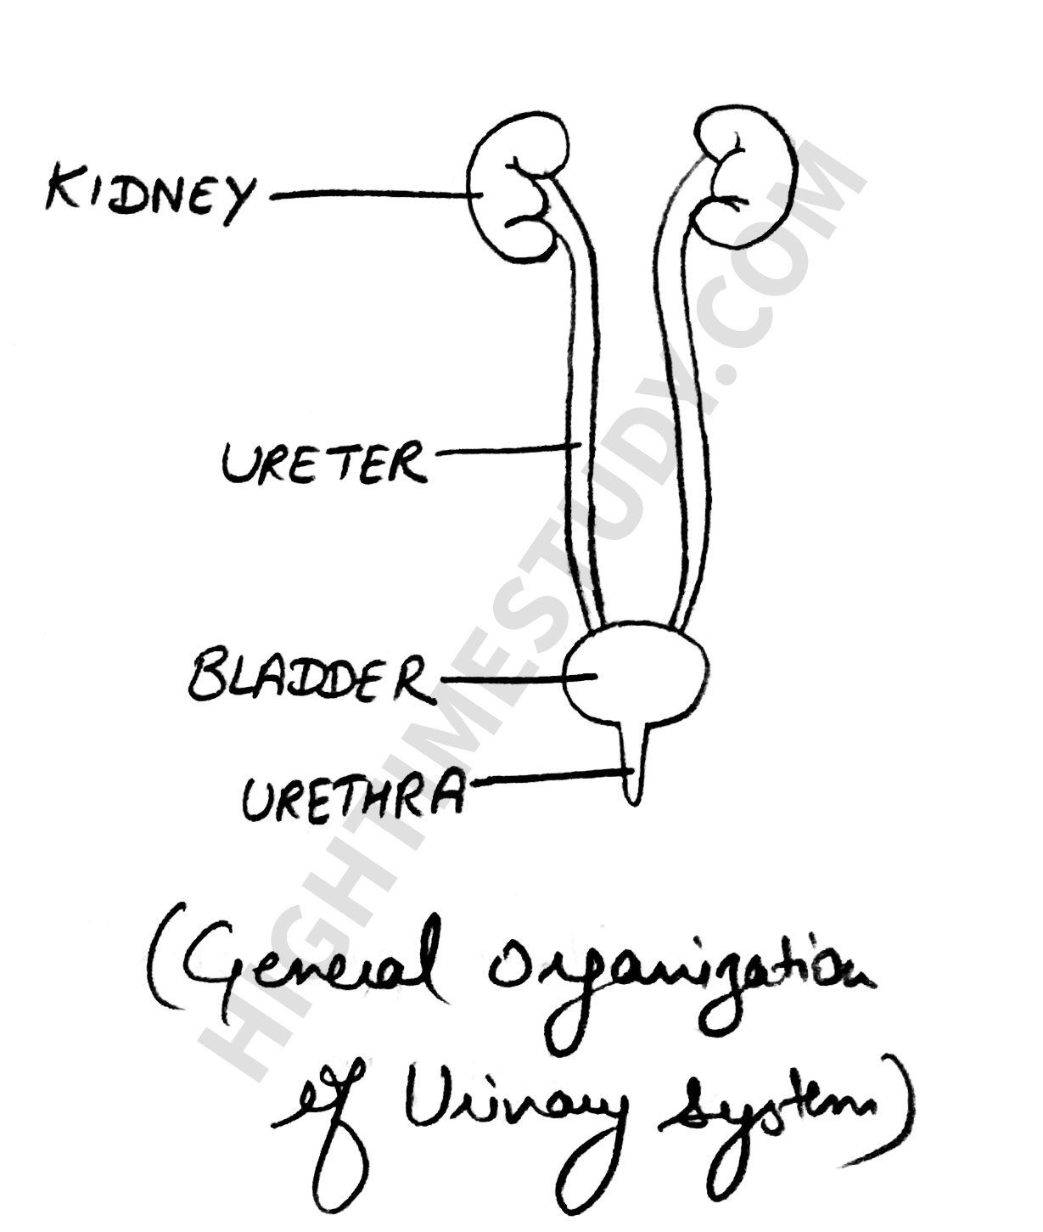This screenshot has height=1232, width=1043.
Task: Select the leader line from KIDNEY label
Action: pyautogui.click(x=369, y=196)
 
